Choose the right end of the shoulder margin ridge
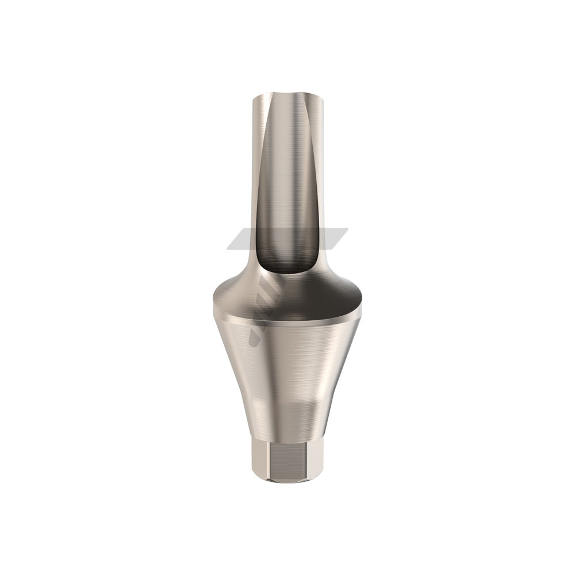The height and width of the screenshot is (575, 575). click(x=365, y=313)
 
